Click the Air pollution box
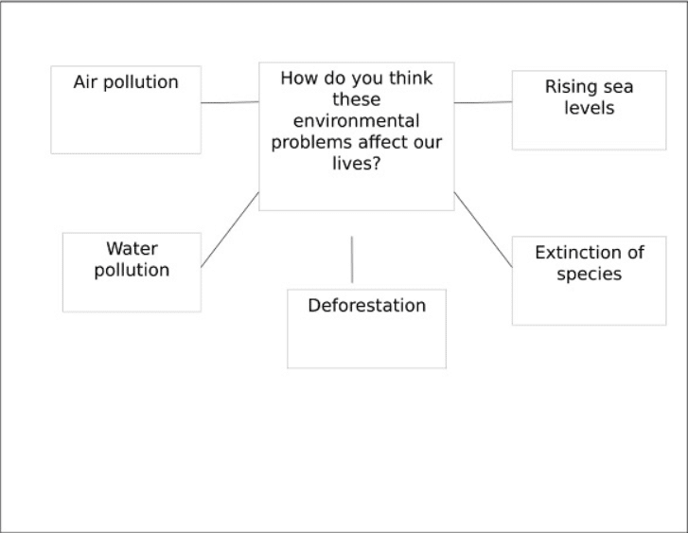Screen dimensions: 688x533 [x=126, y=110]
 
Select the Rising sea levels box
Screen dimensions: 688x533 [x=589, y=110]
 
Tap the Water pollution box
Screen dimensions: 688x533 [x=132, y=273]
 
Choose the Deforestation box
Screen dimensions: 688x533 [x=366, y=329]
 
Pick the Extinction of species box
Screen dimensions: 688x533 [x=589, y=280]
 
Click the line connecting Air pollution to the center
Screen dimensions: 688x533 [x=230, y=102]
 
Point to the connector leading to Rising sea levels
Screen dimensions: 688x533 [x=483, y=102]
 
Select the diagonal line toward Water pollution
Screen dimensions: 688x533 [x=230, y=230]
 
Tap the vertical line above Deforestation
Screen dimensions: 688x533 [x=352, y=259]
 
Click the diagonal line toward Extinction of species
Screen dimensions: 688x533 [x=483, y=230]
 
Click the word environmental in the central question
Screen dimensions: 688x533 [x=356, y=121]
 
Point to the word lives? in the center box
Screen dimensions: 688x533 [x=356, y=164]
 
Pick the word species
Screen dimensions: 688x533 [x=590, y=275]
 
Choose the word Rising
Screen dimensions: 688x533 [x=567, y=87]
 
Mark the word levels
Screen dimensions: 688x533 [x=590, y=108]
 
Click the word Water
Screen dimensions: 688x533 [x=132, y=248]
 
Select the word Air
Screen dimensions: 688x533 [x=85, y=82]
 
